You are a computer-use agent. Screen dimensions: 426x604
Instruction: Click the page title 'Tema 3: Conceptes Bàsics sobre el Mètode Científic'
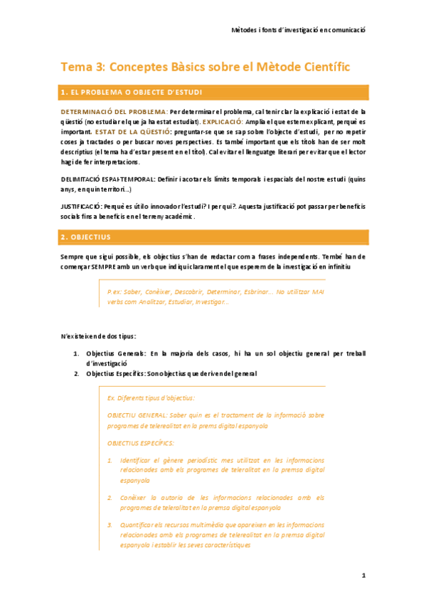coord(206,67)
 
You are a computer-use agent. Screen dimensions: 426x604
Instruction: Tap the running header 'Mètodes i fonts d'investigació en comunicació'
coord(299,31)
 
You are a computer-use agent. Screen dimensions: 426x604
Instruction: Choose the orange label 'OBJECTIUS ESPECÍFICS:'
coord(141,442)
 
